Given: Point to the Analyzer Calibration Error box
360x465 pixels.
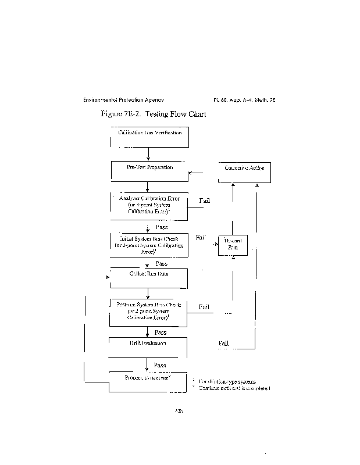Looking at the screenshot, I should coord(149,206).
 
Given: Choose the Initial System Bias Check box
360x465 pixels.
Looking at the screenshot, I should coord(149,245).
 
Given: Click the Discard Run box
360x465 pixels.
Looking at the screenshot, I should coord(232,244).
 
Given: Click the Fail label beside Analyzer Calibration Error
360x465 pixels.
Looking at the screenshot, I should coord(205,201).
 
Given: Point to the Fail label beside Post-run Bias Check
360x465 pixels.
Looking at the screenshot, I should coord(204,307).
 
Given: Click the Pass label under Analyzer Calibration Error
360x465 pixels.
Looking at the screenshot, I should coord(161,227).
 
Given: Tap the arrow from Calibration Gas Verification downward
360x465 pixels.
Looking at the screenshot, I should coord(149,154).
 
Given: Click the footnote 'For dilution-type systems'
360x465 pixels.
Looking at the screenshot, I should coord(227,381).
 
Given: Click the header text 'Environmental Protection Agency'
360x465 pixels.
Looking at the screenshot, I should coord(127,100).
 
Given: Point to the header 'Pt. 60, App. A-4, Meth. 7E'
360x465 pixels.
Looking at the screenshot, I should coord(244,100).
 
